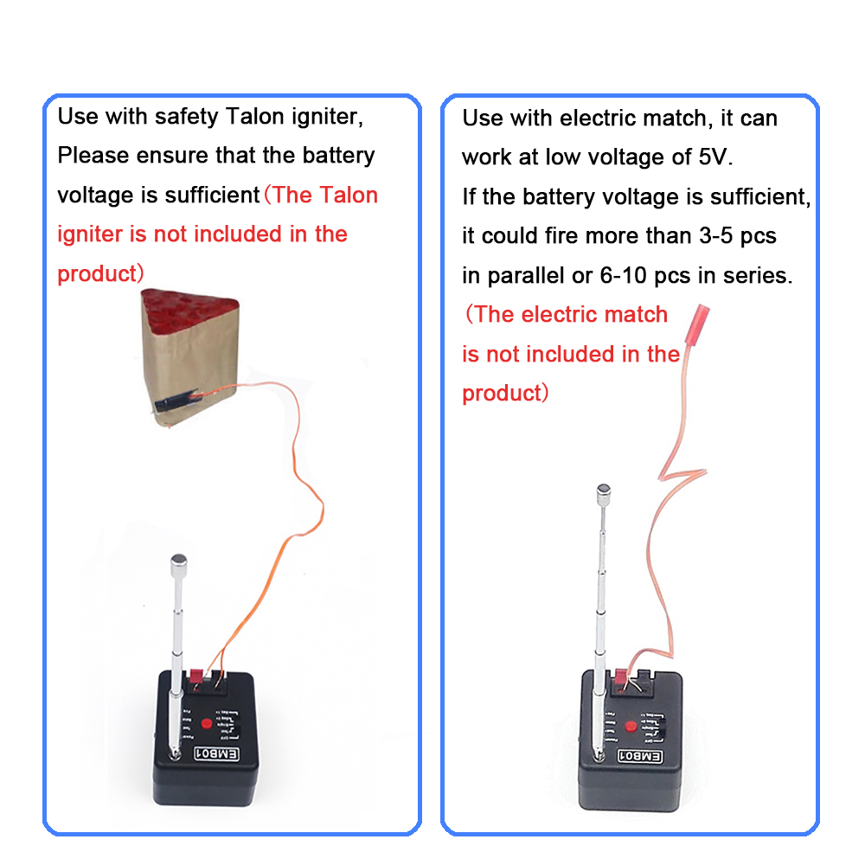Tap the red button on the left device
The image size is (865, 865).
click(x=208, y=724)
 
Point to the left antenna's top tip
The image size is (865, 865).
click(x=179, y=561)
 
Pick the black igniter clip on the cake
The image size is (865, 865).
click(x=173, y=401)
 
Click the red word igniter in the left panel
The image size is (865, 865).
click(x=90, y=234)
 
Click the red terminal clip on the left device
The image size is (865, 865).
click(x=197, y=675)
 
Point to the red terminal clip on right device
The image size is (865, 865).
click(x=620, y=676)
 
